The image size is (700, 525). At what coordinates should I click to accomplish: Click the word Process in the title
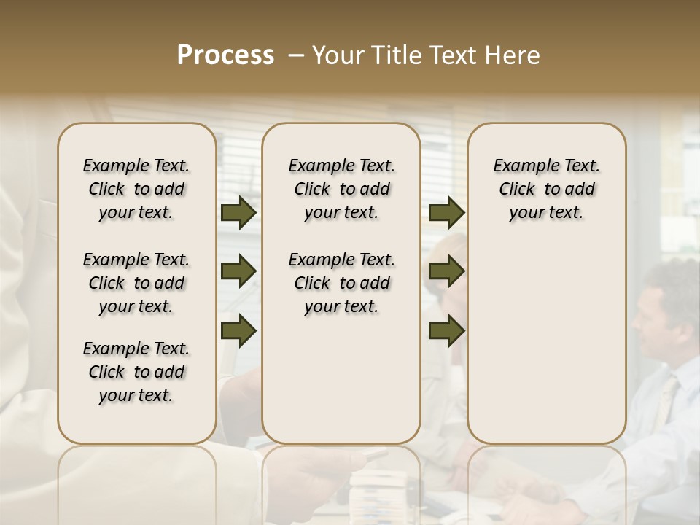click(x=225, y=55)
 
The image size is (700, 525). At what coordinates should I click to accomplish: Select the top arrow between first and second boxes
click(x=238, y=213)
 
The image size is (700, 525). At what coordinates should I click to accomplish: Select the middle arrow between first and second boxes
click(x=238, y=271)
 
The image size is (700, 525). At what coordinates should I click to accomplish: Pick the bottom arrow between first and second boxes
click(x=238, y=330)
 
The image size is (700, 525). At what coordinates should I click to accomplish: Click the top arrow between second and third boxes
click(x=446, y=213)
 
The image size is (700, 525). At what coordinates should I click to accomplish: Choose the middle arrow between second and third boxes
click(x=446, y=271)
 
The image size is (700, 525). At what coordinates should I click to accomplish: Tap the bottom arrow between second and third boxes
click(x=446, y=330)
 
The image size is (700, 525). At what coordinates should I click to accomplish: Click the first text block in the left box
click(x=136, y=189)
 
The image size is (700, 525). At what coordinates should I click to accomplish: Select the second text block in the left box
click(x=136, y=283)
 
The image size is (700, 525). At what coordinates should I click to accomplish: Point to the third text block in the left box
click(x=136, y=372)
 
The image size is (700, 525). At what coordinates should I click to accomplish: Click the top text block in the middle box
click(x=342, y=189)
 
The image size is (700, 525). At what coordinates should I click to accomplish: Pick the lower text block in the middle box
click(x=342, y=283)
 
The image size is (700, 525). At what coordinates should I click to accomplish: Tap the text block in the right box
click(x=547, y=189)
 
